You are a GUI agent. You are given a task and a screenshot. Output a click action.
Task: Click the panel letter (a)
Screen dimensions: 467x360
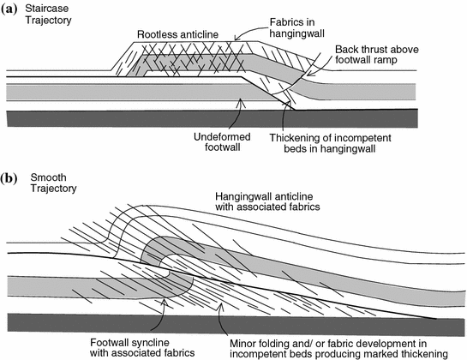pos(8,9)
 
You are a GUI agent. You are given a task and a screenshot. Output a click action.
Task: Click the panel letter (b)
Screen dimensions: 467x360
pos(9,178)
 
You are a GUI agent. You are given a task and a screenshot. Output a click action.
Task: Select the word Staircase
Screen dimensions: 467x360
pos(47,9)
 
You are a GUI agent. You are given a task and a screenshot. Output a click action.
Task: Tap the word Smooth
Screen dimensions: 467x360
pos(48,177)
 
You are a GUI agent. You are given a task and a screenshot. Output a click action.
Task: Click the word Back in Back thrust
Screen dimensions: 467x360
pos(346,49)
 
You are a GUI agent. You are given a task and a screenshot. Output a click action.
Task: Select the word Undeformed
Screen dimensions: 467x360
pos(222,137)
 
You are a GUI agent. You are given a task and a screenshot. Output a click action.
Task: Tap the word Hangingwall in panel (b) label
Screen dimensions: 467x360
pos(243,196)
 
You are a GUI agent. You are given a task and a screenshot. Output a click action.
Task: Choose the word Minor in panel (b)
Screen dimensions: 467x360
pos(242,344)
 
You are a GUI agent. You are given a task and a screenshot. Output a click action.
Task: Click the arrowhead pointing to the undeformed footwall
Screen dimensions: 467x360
pos(242,102)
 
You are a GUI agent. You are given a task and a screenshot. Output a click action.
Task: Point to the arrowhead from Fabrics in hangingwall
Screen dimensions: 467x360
pos(236,38)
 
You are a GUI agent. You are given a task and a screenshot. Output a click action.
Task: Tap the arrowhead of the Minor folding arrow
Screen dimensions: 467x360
pos(220,305)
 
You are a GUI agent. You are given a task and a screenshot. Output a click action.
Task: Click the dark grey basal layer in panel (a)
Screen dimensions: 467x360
pos(212,118)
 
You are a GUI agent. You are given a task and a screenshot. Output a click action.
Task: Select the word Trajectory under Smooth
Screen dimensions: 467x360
pos(54,189)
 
